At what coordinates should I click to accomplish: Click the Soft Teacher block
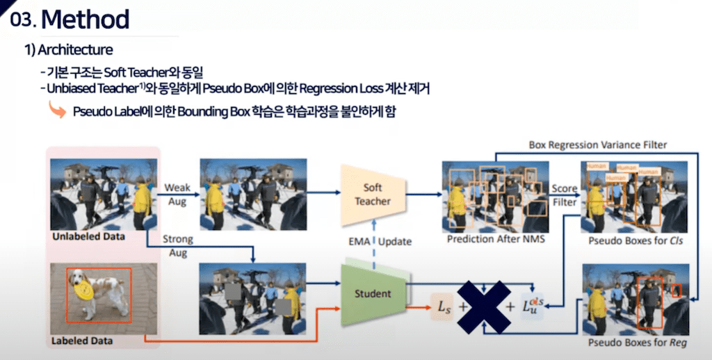pyautogui.click(x=373, y=194)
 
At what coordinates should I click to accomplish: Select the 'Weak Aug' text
pyautogui.click(x=177, y=194)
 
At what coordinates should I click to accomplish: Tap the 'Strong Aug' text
pyautogui.click(x=177, y=245)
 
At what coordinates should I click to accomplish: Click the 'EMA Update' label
pyautogui.click(x=380, y=241)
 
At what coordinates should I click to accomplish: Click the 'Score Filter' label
pyautogui.click(x=564, y=195)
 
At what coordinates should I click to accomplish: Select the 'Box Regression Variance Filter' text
pyautogui.click(x=597, y=145)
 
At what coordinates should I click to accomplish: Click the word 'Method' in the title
pyautogui.click(x=85, y=19)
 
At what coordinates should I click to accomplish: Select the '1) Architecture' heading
pyautogui.click(x=69, y=50)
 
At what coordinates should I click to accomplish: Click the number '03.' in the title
pyautogui.click(x=22, y=21)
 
